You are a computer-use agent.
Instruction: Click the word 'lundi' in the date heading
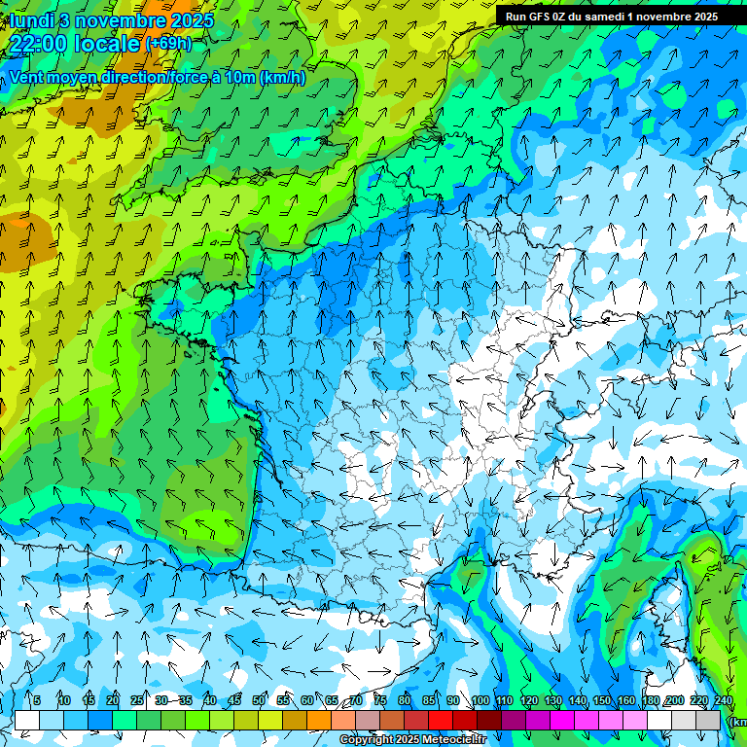31,19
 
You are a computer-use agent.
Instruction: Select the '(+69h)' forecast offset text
167,43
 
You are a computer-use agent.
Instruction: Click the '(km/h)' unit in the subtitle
282,77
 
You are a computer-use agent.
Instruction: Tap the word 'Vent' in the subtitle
27,77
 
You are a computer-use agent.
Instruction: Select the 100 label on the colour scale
480,701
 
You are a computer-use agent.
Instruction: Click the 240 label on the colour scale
723,701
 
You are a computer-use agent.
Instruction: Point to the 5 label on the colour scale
37,701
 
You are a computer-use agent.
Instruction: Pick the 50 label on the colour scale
259,701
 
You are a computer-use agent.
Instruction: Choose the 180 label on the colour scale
650,701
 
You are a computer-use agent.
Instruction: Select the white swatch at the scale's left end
27,721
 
